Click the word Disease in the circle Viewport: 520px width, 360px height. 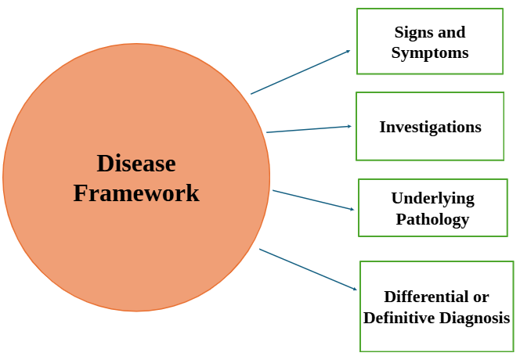coord(136,164)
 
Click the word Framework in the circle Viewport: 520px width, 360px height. coord(136,193)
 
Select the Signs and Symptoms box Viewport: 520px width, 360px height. coord(429,41)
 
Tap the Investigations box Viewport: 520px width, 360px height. coord(429,126)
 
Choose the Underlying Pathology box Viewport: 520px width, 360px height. coord(432,207)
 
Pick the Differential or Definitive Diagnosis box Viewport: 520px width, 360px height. coord(436,306)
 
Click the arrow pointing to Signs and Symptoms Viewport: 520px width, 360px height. coord(300,72)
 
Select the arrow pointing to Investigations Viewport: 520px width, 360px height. coord(308,129)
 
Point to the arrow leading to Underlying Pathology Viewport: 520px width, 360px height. coord(313,200)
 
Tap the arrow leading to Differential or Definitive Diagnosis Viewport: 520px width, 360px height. coord(308,269)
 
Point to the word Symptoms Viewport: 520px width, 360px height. coord(430,53)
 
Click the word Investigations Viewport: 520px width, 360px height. coord(430,127)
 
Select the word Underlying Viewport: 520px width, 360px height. coord(432,199)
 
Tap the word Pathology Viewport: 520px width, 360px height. coord(432,219)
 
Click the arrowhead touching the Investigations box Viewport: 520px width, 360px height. coord(348,126)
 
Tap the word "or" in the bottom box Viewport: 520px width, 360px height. coord(481,297)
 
